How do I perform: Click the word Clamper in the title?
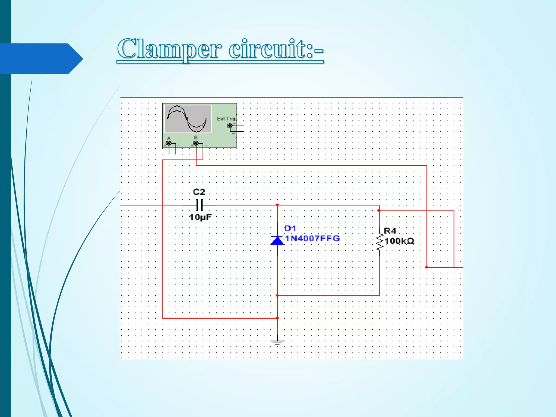pos(168,49)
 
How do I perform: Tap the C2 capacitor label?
pos(199,192)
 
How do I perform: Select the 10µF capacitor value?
pos(200,217)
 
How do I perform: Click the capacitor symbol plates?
pos(200,205)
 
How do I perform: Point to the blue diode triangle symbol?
pos(277,241)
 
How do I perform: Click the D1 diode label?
pos(290,229)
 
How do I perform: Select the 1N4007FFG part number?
pos(312,238)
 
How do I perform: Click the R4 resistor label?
pos(390,231)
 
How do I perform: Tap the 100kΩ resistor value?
pos(399,241)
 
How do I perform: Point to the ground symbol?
pos(277,342)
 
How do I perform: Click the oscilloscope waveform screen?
pos(188,119)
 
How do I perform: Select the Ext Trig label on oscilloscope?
pos(226,119)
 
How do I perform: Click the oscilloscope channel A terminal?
pos(169,143)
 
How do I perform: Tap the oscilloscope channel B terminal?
pos(196,143)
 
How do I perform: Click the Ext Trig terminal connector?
pos(230,125)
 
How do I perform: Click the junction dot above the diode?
pos(277,205)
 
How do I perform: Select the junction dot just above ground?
pos(277,318)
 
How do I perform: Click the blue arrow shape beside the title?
pos(41,59)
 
